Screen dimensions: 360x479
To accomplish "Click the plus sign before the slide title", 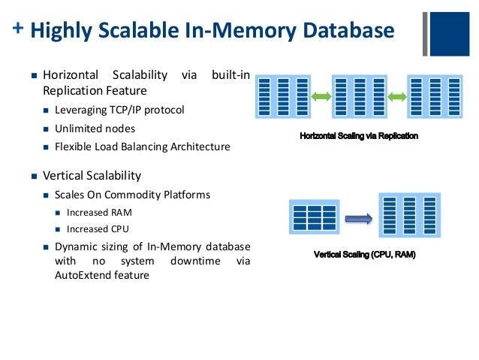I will pos(17,29).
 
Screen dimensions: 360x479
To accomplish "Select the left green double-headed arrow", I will pos(321,97).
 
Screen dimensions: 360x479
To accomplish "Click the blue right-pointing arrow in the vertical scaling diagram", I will pos(359,219).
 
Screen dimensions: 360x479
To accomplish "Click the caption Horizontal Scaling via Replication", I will pos(359,136).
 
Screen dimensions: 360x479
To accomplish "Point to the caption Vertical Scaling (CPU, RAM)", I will pos(364,255).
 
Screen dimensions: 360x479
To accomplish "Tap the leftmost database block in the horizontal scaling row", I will pos(283,97).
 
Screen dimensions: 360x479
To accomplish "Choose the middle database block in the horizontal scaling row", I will pos(358,97).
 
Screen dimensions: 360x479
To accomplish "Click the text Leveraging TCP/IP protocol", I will pos(119,110).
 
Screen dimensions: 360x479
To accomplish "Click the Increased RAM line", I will pos(99,213).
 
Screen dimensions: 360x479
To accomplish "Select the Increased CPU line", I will pos(98,229).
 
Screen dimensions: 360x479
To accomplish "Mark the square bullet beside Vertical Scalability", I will pos(34,177).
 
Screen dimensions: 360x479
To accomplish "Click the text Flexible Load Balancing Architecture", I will pos(142,147).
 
